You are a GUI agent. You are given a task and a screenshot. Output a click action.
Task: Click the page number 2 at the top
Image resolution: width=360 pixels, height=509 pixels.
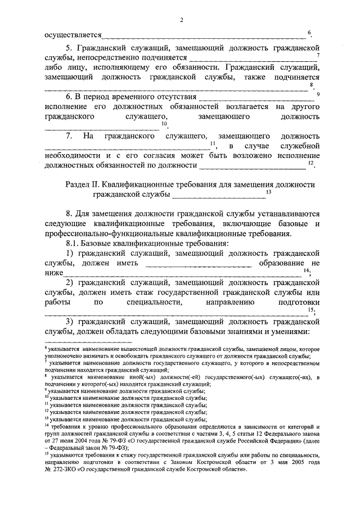click(182, 21)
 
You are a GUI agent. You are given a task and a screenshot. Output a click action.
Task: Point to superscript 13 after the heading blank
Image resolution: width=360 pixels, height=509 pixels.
click(269, 192)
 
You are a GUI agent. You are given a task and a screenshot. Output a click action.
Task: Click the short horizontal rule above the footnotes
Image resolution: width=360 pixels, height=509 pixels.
click(88, 342)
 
